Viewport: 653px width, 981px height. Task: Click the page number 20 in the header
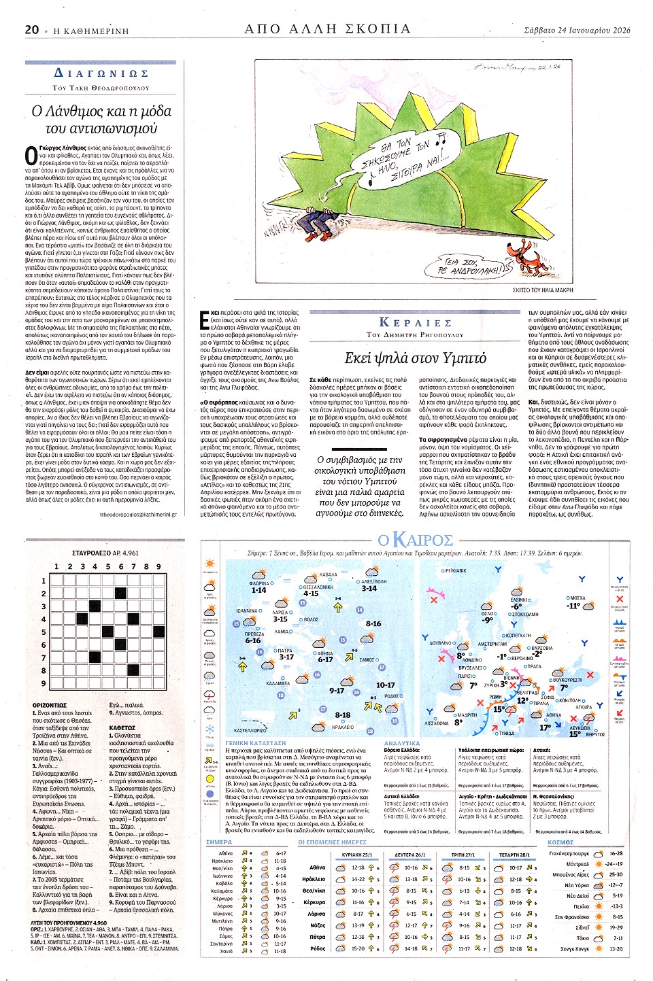pos(32,29)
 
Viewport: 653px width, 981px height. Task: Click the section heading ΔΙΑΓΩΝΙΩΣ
pos(101,73)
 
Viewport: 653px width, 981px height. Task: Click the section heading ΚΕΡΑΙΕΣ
pos(415,322)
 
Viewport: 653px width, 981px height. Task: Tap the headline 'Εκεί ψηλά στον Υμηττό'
pos(415,358)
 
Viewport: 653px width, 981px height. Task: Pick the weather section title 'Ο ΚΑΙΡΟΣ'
pos(416,540)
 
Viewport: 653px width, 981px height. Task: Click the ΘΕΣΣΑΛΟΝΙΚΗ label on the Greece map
pos(318,587)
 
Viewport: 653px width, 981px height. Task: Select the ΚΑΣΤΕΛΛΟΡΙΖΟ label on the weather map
pos(250,730)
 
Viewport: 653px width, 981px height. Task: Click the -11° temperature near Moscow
pos(573,606)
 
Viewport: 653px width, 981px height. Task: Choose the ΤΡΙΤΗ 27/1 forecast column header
pos(463,855)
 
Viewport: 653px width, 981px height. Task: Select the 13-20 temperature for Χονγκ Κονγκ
pos(616,948)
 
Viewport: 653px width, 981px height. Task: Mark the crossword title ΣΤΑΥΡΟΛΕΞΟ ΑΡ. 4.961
pos(105,553)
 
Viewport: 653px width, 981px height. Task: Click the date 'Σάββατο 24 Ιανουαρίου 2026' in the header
pos(577,30)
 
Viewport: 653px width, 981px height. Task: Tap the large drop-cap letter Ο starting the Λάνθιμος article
pos(31,156)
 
